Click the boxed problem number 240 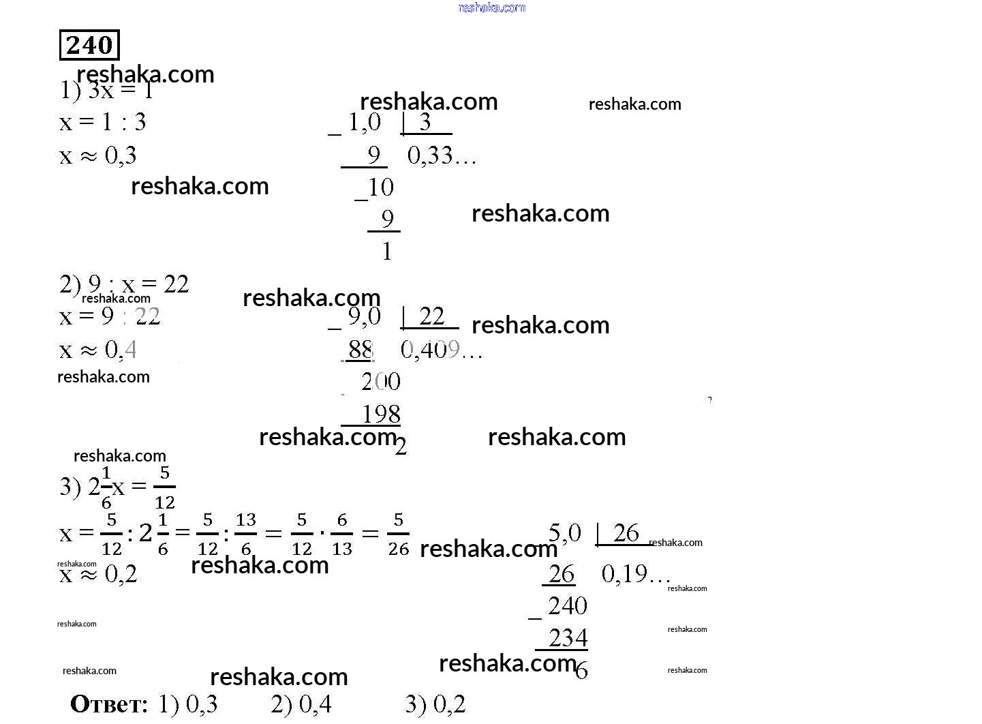(x=89, y=45)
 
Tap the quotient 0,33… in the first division (x=441, y=156)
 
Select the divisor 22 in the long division (x=431, y=316)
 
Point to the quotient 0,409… (x=441, y=350)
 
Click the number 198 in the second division (x=380, y=414)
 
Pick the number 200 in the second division (x=380, y=382)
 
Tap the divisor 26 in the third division (x=626, y=533)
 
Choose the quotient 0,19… (x=635, y=575)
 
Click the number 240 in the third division (x=567, y=606)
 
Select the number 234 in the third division (x=568, y=638)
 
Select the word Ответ (x=109, y=704)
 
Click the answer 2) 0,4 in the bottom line (x=301, y=704)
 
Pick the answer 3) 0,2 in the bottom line (x=435, y=704)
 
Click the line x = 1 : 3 (x=103, y=123)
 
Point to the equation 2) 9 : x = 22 (x=124, y=284)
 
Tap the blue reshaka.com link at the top (x=492, y=7)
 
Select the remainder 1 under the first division (x=387, y=252)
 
